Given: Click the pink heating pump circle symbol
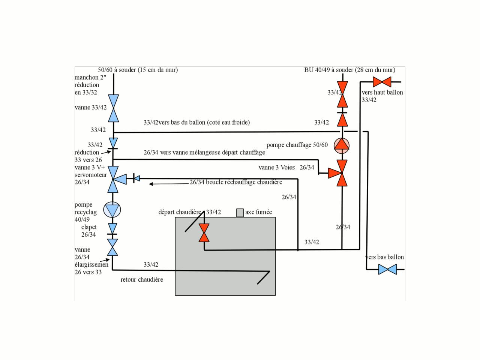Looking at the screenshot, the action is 342,145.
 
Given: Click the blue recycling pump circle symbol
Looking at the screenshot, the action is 112,210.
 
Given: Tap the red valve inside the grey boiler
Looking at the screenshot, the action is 204,232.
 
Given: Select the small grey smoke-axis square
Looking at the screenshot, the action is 240,213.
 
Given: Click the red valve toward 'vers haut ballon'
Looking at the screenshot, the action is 382,82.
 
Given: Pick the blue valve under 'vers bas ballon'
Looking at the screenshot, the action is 387,269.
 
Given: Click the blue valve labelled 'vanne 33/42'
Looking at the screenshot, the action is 114,108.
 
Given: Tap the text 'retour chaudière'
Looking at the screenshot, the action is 142,280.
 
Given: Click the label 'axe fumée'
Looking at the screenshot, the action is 259,212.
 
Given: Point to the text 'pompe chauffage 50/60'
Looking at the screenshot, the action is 297,145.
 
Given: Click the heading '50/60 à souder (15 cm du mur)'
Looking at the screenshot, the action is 138,70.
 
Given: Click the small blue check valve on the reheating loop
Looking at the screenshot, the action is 136,178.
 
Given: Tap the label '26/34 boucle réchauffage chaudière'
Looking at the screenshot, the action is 236,182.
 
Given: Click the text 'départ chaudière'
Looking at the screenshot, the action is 180,212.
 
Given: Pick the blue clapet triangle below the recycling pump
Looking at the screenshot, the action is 112,229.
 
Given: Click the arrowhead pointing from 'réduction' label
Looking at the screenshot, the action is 109,152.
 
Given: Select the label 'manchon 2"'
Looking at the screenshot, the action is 90,77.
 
